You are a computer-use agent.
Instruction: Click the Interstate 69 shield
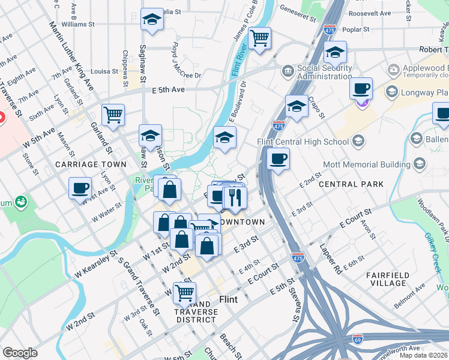tap(358, 340)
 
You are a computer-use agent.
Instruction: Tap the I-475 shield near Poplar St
tap(330, 28)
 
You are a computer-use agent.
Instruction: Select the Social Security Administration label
tap(316, 73)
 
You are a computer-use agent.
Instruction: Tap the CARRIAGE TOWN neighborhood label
tap(91, 164)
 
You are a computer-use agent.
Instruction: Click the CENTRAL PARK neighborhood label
tap(351, 184)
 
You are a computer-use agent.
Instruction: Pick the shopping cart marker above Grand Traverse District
tap(185, 292)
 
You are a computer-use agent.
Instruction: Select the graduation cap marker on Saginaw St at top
tap(152, 20)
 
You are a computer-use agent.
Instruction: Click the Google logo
tap(20, 353)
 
